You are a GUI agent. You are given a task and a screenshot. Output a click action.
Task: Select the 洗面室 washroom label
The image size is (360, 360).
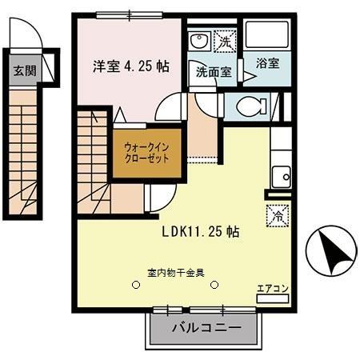pyautogui.click(x=214, y=72)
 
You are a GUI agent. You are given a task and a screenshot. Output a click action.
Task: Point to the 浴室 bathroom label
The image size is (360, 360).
pyautogui.click(x=268, y=62)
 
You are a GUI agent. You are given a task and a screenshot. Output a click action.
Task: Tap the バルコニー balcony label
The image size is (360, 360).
pyautogui.click(x=206, y=327)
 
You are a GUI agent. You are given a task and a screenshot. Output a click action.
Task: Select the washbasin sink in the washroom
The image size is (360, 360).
pyautogui.click(x=201, y=42)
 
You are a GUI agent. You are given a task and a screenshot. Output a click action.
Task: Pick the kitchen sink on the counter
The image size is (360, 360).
pyautogui.click(x=280, y=174)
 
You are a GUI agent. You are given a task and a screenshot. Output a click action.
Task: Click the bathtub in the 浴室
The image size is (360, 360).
pyautogui.click(x=266, y=35)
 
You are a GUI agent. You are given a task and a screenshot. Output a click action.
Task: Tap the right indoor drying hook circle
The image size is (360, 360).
pyautogui.click(x=214, y=283)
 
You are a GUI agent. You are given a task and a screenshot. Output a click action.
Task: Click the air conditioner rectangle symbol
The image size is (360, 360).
pyautogui.click(x=268, y=300)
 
